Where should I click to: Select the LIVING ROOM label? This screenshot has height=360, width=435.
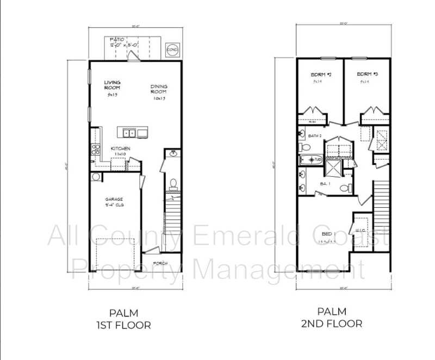point(112,85)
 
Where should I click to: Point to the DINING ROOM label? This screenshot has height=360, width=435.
point(159,89)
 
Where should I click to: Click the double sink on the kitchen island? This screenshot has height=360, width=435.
point(129,132)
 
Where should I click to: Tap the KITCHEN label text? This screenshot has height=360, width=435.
point(120,148)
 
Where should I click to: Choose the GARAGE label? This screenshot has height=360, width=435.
point(114,200)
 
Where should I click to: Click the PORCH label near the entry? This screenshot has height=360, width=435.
point(160,264)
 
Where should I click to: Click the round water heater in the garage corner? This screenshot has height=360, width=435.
point(96,177)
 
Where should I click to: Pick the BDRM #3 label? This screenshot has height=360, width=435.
point(367,75)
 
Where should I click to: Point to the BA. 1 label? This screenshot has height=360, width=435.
point(325,184)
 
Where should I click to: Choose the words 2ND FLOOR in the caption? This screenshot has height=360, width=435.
point(332,324)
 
